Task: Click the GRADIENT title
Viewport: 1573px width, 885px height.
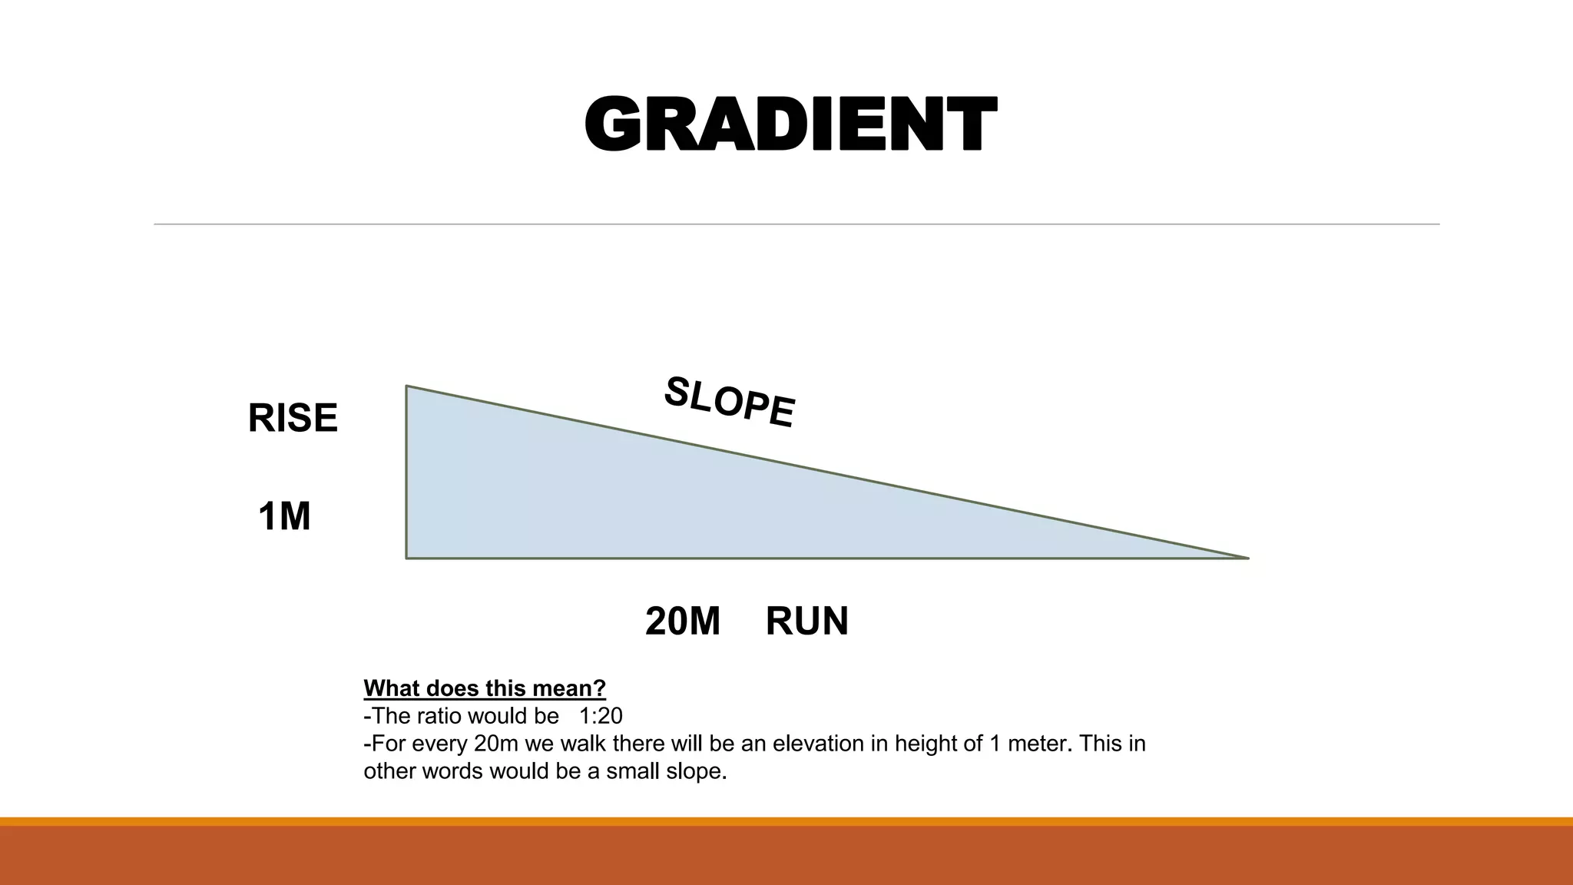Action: [790, 124]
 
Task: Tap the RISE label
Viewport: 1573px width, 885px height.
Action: [293, 419]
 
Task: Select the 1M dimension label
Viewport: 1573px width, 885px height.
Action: [284, 516]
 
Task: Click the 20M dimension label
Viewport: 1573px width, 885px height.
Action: [683, 621]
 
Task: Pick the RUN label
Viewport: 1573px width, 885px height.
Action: [806, 621]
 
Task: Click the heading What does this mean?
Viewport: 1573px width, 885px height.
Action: [485, 688]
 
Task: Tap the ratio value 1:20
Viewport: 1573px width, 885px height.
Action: [601, 716]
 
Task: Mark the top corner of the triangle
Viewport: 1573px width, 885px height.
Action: [407, 386]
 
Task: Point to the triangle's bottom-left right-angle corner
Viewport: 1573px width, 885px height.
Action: [407, 558]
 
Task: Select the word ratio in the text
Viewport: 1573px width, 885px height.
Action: [438, 716]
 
